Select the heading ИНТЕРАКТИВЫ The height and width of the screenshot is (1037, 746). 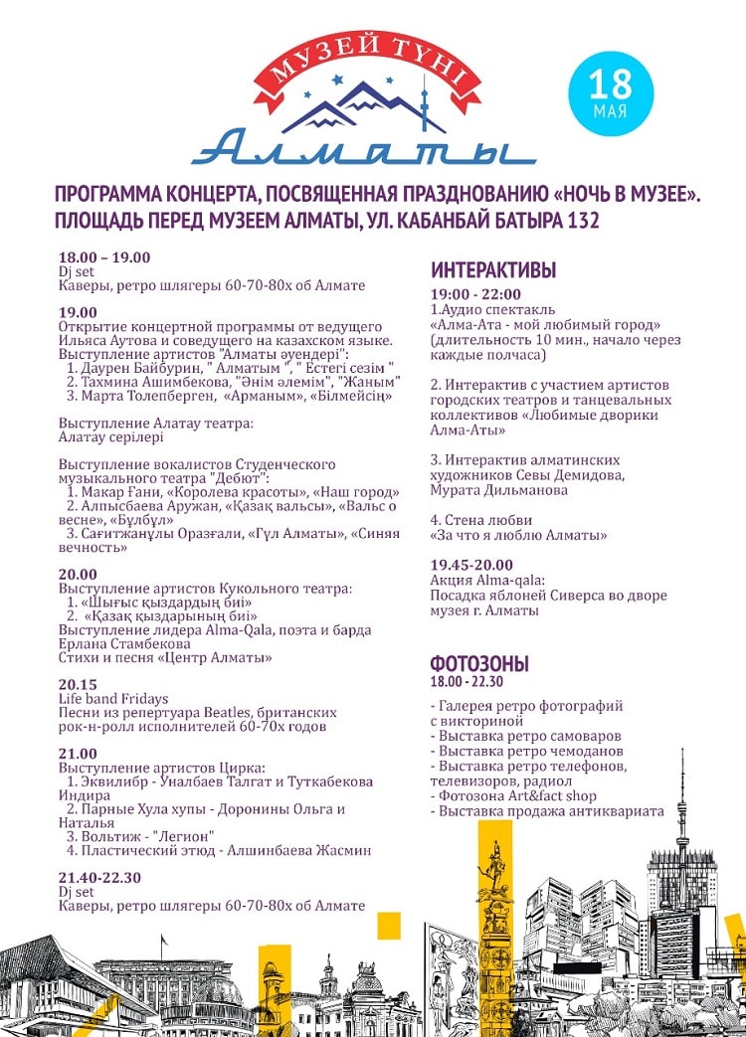[493, 270]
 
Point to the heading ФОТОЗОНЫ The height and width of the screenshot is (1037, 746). [479, 664]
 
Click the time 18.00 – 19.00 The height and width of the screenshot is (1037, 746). [104, 258]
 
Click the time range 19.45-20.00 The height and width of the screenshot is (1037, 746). [472, 565]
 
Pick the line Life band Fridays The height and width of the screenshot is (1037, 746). [113, 699]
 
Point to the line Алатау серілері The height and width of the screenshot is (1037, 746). [111, 436]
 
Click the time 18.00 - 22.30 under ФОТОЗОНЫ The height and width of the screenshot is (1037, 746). [466, 682]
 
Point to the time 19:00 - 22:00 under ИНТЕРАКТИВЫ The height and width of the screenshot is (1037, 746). [475, 294]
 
